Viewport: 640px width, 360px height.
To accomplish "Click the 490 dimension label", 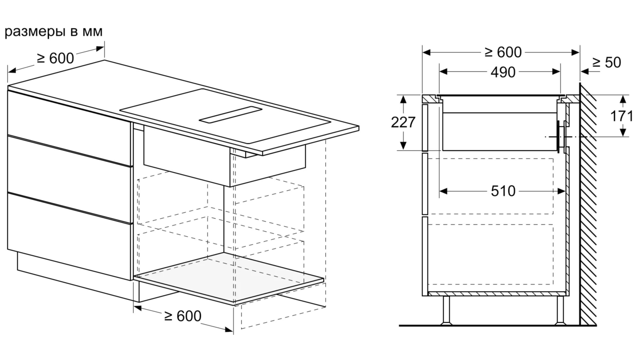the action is [503, 73].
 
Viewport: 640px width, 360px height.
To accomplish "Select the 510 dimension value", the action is [503, 191].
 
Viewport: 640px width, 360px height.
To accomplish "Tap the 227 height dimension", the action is [403, 122].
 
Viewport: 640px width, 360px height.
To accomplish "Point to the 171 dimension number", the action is [622, 116].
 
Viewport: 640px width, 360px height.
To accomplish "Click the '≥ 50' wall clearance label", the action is [607, 63].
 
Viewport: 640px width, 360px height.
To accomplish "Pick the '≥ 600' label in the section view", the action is [503, 53].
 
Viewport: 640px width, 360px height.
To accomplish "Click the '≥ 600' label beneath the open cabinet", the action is [183, 316].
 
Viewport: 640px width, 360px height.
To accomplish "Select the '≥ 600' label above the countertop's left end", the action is [56, 58].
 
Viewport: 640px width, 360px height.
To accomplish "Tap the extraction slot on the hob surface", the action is [231, 115].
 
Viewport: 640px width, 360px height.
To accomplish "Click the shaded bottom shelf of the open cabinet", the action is [228, 278].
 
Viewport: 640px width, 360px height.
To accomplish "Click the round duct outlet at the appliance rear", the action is [558, 137].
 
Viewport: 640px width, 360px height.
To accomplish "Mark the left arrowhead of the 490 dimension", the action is [443, 71].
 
